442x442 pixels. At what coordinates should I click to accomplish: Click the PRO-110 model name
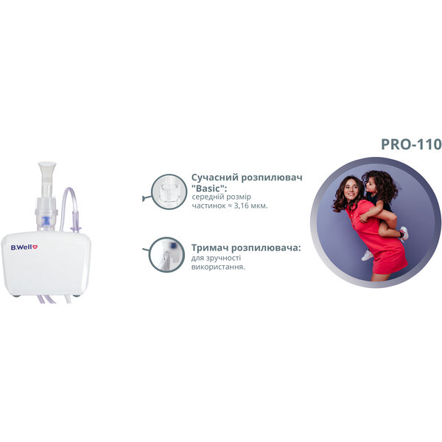coord(411,144)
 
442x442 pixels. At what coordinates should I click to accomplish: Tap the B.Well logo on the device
coord(24,248)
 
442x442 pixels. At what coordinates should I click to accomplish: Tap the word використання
coord(217,267)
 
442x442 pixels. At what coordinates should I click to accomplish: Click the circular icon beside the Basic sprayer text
coord(169,192)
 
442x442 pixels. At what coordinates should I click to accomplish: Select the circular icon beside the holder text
coord(166,255)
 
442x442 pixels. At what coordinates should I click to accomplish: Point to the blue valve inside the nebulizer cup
coord(45,220)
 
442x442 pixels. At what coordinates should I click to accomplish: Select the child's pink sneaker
coord(404,233)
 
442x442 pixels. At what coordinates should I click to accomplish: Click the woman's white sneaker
coord(367,255)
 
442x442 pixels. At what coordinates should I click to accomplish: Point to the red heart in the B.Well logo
coord(35,247)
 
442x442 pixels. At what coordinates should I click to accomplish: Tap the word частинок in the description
coord(208,206)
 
